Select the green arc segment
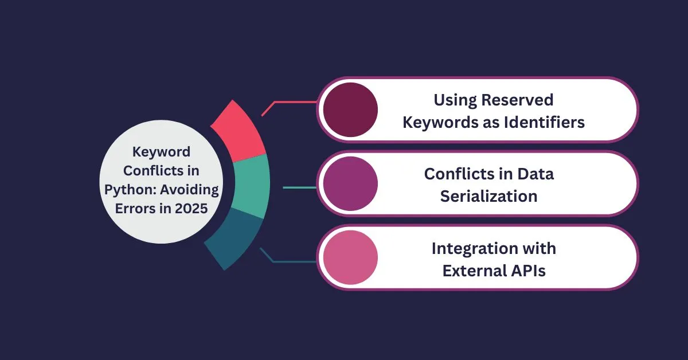251,186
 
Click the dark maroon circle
350,109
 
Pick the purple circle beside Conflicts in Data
350,183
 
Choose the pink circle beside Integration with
350,257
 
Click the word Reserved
517,100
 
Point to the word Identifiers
544,122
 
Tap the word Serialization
488,196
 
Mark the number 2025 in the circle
191,209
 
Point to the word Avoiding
190,190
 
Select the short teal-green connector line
299,187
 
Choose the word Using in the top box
455,100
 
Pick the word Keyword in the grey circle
161,152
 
